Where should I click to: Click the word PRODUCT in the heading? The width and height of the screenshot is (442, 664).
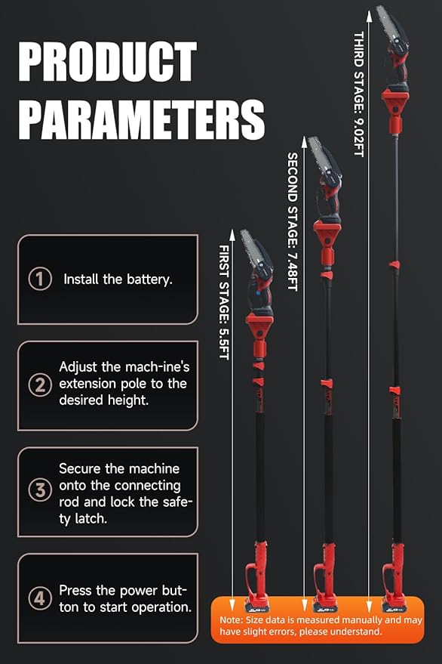click(x=107, y=61)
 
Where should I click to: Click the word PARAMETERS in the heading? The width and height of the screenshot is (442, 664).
click(x=142, y=119)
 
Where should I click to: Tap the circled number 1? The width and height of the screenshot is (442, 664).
click(x=40, y=279)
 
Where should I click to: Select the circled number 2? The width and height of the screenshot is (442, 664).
click(x=40, y=385)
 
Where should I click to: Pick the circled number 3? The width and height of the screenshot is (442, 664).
click(x=40, y=490)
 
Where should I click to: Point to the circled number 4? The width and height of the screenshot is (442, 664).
click(x=40, y=598)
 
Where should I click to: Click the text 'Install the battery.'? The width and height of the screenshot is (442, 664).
click(x=118, y=279)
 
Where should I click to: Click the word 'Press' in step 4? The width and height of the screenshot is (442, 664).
click(x=75, y=590)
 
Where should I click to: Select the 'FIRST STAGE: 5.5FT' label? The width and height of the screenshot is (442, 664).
click(x=224, y=302)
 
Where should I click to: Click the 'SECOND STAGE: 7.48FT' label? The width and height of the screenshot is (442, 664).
click(x=292, y=221)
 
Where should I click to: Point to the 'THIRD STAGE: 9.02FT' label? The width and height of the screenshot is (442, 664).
click(x=359, y=94)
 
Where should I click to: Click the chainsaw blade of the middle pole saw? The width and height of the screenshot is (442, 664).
click(x=320, y=156)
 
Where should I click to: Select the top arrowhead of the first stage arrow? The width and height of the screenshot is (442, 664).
click(x=232, y=235)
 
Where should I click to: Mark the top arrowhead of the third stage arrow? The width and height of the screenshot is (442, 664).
click(x=370, y=17)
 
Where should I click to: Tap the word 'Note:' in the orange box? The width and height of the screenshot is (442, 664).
click(x=232, y=620)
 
